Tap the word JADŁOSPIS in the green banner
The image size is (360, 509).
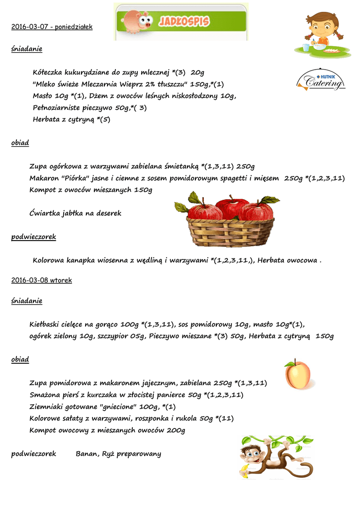click(x=184, y=21)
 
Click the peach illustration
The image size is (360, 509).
click(x=297, y=374)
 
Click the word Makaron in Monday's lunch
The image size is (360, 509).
click(x=44, y=178)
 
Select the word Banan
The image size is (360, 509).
click(x=87, y=454)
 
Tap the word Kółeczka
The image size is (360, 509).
click(x=49, y=73)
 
